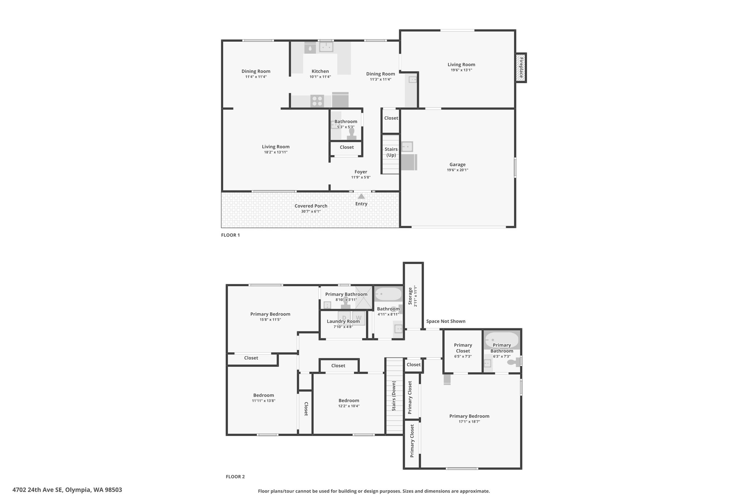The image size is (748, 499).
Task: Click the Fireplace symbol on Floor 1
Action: (521, 68)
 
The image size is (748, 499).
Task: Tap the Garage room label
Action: (457, 165)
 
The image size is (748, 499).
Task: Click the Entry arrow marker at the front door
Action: (361, 196)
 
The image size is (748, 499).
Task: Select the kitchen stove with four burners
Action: (317, 101)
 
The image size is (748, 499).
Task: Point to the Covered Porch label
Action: (311, 206)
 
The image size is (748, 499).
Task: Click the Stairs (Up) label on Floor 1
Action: (391, 152)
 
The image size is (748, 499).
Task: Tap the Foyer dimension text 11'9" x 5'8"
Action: (361, 177)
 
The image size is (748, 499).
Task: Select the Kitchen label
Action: (320, 71)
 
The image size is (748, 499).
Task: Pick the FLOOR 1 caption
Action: (230, 235)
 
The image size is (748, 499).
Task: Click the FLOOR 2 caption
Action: (235, 477)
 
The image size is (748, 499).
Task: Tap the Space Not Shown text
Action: (446, 321)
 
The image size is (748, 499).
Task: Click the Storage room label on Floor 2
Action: (410, 296)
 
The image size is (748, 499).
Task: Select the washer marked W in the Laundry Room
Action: (359, 318)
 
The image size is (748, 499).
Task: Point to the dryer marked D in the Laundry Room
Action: (344, 318)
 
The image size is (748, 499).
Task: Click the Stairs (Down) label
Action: (394, 396)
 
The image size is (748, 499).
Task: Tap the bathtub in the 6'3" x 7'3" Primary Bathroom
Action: (501, 340)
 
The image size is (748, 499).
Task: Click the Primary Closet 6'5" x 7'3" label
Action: (463, 350)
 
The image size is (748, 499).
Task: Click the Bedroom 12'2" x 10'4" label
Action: (349, 403)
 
